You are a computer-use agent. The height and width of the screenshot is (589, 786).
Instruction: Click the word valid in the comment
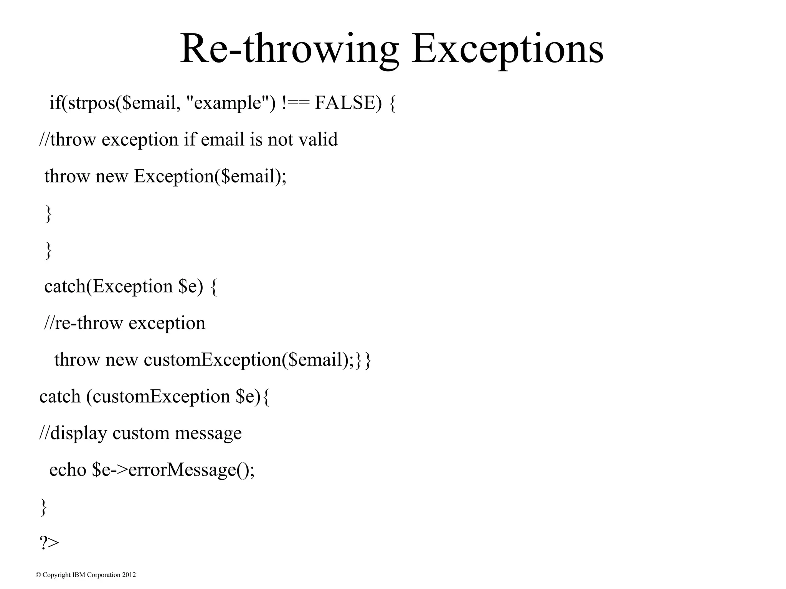pos(318,139)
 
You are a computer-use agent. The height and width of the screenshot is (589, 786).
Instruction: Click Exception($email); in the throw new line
pos(210,176)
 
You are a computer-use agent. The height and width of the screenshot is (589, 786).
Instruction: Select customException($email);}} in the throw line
pos(258,360)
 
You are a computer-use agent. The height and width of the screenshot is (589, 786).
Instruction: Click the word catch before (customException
pos(60,396)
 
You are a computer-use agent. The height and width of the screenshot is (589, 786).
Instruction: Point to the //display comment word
pos(73,433)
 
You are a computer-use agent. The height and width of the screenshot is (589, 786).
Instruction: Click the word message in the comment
pos(208,433)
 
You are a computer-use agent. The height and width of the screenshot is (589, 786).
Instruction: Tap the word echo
pos(68,469)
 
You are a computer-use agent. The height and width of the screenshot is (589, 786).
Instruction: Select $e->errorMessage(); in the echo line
pos(173,469)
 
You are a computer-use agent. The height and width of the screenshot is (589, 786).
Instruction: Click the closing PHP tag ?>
pos(49,543)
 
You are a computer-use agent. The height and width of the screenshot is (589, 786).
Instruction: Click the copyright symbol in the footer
pos(38,575)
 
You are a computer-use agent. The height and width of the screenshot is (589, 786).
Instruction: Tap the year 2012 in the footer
pos(129,575)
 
